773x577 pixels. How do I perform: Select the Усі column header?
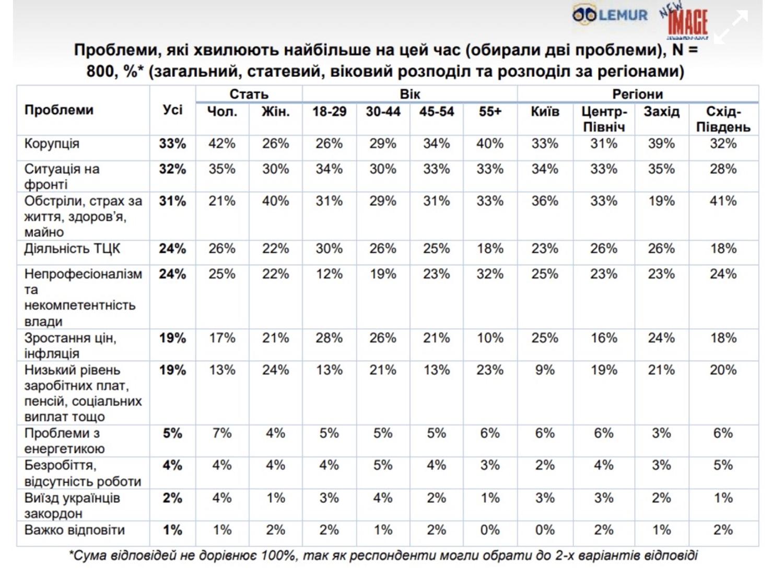pyautogui.click(x=172, y=110)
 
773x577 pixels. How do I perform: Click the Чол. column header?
pyautogui.click(x=222, y=112)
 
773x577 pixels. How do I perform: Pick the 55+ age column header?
pyautogui.click(x=489, y=112)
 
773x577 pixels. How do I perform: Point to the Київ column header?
pyautogui.click(x=545, y=112)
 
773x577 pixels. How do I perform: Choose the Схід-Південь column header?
pyautogui.click(x=723, y=119)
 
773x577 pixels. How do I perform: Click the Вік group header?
pyautogui.click(x=409, y=95)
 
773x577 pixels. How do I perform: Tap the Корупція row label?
pyautogui.click(x=52, y=144)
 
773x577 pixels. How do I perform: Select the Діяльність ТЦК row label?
pyautogui.click(x=72, y=249)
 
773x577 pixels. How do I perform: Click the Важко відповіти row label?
pyautogui.click(x=75, y=530)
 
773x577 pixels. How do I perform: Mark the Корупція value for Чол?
pyautogui.click(x=222, y=144)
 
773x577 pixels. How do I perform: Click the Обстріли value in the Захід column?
pyautogui.click(x=661, y=201)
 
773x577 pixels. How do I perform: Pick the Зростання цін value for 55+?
pyautogui.click(x=489, y=338)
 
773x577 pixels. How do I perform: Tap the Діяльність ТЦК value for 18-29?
pyautogui.click(x=329, y=249)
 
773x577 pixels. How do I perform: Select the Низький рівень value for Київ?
pyautogui.click(x=545, y=370)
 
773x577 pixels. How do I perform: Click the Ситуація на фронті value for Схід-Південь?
pyautogui.click(x=723, y=169)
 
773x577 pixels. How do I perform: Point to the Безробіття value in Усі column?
pyautogui.click(x=172, y=465)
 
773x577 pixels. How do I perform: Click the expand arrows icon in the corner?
pyautogui.click(x=731, y=27)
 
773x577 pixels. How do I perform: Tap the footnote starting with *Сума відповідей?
pyautogui.click(x=383, y=556)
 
